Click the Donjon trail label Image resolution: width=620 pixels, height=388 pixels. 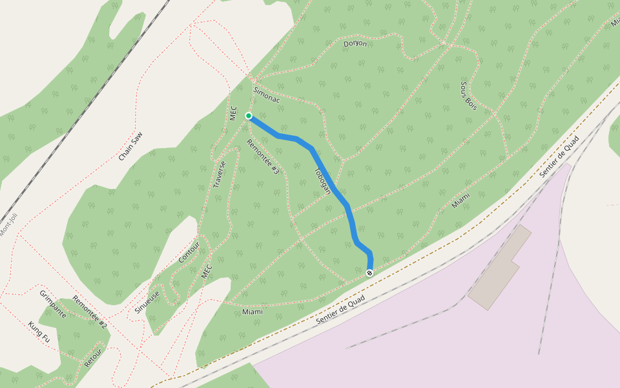(x=355, y=44)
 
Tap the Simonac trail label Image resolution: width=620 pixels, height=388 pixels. (x=267, y=95)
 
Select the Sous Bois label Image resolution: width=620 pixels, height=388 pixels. (x=468, y=95)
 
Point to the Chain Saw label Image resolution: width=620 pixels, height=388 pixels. (x=130, y=146)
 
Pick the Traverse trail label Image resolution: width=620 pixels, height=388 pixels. (x=219, y=175)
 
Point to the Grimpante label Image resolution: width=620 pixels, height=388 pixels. (x=53, y=303)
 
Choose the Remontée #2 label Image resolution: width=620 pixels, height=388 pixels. (x=90, y=312)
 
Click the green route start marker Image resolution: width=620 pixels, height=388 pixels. (x=249, y=116)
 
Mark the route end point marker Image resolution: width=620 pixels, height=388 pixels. (x=369, y=273)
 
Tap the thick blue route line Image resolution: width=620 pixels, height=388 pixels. (x=336, y=188)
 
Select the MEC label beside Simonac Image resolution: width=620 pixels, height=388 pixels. (x=234, y=113)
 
